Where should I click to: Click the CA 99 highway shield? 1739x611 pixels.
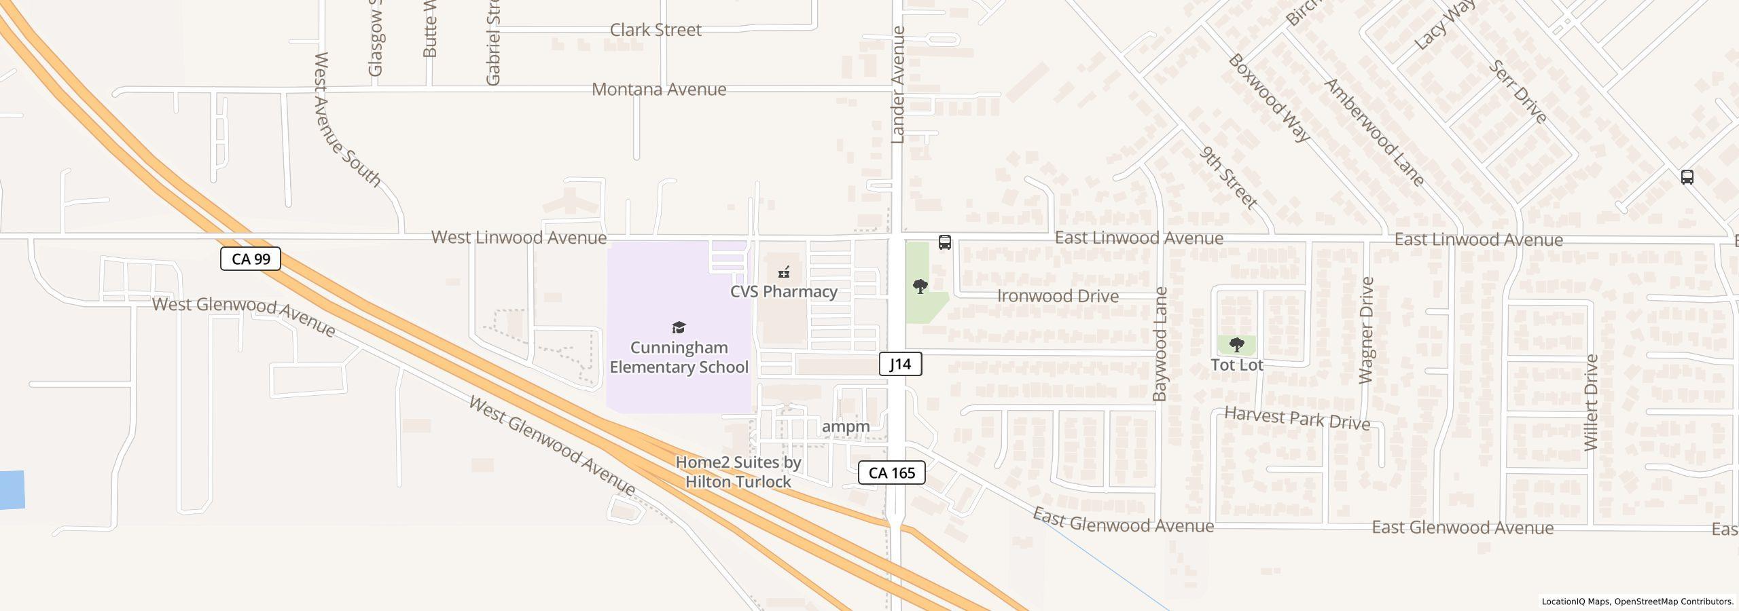tap(251, 259)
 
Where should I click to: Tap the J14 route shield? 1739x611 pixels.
tap(900, 364)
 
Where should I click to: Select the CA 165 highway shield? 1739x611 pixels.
tap(891, 473)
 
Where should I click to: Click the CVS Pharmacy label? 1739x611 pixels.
tap(783, 291)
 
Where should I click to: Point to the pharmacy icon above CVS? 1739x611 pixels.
tap(784, 272)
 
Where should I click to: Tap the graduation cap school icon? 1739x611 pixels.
tap(679, 328)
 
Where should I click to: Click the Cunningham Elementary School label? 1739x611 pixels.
tap(679, 357)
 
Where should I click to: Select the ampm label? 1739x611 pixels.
tap(846, 426)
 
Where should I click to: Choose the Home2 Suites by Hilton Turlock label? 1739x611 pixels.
tap(738, 472)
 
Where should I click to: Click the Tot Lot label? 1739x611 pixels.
tap(1237, 365)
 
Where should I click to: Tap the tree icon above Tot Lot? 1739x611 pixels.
tap(1237, 344)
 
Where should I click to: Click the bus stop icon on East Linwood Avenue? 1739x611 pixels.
tap(944, 242)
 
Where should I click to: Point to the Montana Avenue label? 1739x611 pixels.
tap(659, 89)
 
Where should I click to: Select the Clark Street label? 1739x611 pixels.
tap(656, 30)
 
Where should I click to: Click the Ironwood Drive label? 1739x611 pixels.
tap(1058, 296)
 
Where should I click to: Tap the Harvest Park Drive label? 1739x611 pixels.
tap(1297, 418)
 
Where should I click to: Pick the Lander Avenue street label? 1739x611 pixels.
tap(898, 85)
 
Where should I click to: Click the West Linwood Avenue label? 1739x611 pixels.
tap(519, 238)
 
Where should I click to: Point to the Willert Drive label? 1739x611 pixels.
tap(1591, 403)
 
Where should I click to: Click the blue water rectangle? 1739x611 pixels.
tap(12, 489)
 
